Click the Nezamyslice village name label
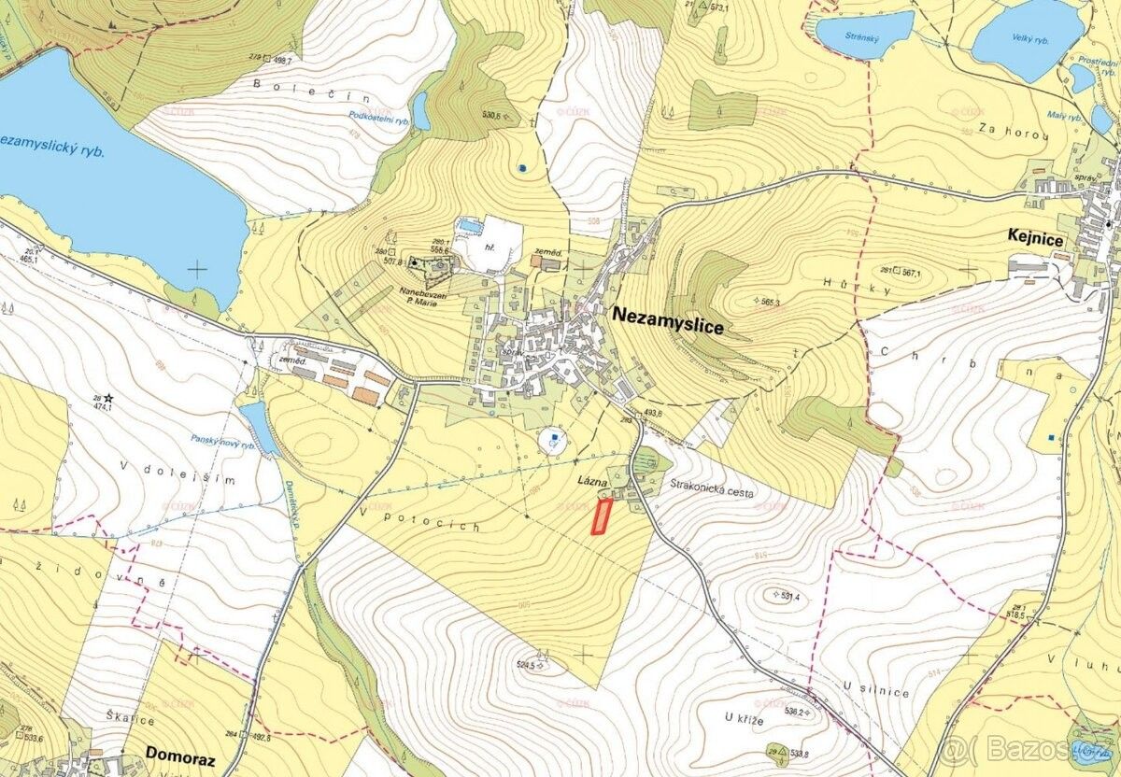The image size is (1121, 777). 668,316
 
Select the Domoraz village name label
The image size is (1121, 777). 179,758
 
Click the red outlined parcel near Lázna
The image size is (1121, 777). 602,516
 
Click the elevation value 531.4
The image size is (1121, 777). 787,595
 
